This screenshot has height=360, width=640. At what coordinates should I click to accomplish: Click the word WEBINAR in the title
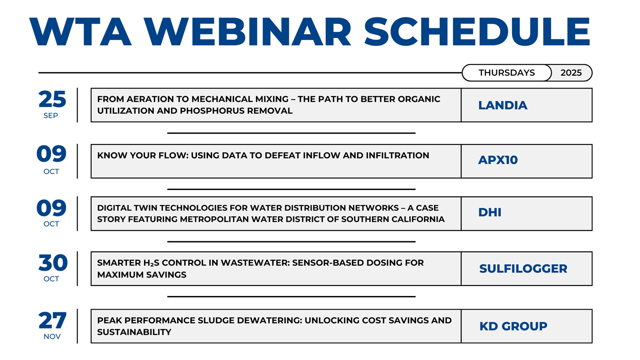click(x=247, y=32)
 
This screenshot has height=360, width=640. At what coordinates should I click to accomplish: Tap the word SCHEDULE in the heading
click(x=478, y=32)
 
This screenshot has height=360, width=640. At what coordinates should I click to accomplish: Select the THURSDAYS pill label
click(x=506, y=73)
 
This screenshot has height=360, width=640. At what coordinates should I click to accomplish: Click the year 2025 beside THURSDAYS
click(x=571, y=73)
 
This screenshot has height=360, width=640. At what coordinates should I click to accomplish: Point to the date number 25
click(x=52, y=99)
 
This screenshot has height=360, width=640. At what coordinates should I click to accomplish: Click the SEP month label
click(x=50, y=116)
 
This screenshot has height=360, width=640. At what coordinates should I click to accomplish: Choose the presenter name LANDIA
click(x=503, y=106)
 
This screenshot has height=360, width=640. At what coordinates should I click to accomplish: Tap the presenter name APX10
click(x=498, y=160)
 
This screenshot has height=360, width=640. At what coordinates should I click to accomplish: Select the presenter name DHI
click(x=490, y=212)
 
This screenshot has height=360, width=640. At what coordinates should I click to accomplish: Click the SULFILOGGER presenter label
click(x=523, y=268)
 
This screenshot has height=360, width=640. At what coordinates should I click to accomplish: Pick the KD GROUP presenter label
click(x=513, y=326)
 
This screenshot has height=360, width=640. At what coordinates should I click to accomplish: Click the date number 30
click(x=53, y=262)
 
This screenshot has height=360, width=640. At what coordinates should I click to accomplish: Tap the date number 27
click(x=52, y=320)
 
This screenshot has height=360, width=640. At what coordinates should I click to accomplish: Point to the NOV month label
click(x=52, y=336)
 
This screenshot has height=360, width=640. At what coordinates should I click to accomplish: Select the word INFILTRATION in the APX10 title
click(x=398, y=156)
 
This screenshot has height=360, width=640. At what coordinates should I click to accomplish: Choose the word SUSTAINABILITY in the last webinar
click(x=134, y=332)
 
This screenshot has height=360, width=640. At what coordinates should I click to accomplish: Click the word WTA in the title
click(x=80, y=32)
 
